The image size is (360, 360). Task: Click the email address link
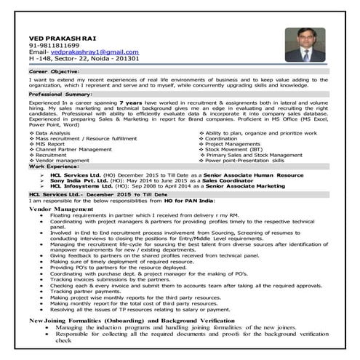pos(95,52)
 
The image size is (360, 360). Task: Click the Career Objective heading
pos(55,73)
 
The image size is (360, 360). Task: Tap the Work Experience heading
pos(53,166)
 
